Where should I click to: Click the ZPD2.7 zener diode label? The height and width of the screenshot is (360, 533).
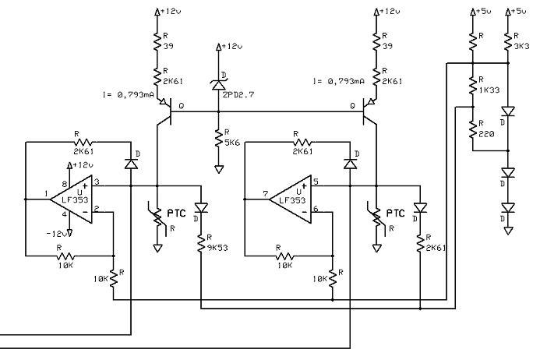point(238,95)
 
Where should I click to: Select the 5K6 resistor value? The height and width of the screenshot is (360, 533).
point(232,143)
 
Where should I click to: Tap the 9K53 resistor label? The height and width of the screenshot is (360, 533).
point(217,248)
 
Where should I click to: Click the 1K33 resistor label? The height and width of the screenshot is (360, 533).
point(489,90)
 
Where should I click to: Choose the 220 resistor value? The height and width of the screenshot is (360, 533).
point(486,134)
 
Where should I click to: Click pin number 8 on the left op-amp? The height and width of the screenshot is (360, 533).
point(64,184)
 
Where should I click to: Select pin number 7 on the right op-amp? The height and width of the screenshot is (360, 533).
point(266,194)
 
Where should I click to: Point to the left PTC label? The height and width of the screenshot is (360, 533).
point(176,214)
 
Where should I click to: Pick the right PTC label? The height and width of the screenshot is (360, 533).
point(396,214)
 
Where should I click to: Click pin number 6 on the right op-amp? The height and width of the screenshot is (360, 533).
point(316,209)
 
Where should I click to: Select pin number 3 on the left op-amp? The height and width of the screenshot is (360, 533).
point(96,182)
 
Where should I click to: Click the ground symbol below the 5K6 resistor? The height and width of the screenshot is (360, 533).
point(219,169)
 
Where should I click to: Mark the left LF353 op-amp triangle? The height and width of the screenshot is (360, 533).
point(72,199)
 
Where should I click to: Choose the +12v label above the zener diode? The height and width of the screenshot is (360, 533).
point(232,46)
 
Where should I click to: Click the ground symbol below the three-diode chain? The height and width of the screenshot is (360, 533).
point(508,231)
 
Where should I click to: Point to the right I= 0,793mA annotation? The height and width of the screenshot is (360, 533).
point(339,81)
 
